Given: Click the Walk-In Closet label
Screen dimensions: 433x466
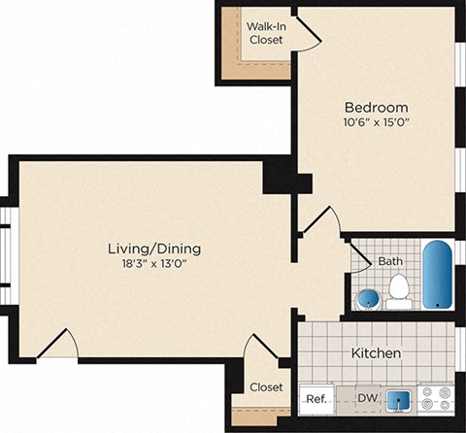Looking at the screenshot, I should [265, 33].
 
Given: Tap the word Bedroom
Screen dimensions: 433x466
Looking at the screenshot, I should [376, 107].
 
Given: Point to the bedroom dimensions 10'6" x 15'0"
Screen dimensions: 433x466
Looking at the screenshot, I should [377, 123].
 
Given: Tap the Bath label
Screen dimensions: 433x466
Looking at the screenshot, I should [390, 261].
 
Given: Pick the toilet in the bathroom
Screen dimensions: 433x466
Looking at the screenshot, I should [398, 289].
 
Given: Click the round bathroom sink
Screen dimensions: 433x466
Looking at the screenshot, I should [368, 297].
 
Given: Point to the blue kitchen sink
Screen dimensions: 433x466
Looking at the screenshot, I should [397, 399].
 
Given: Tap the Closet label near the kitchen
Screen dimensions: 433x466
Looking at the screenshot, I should [265, 386].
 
